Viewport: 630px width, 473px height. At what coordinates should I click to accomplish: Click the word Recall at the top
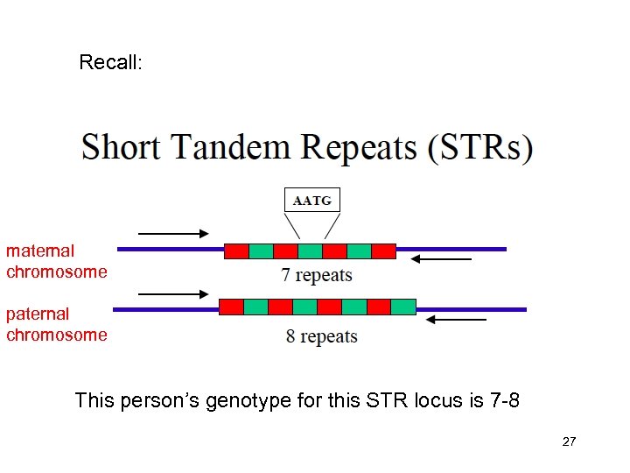109,63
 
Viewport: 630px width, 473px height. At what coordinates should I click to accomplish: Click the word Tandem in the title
230,146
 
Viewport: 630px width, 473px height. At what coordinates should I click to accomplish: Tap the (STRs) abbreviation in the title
479,147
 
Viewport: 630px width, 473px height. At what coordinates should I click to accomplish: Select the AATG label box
312,201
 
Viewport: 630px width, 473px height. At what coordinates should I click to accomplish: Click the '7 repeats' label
317,275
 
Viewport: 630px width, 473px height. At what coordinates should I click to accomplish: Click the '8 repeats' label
322,336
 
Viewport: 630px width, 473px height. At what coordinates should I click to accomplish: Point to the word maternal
40,251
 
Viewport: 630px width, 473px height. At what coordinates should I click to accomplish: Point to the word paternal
38,313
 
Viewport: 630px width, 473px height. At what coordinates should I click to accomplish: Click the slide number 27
569,442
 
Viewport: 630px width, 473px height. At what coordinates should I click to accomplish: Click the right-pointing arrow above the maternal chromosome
173,234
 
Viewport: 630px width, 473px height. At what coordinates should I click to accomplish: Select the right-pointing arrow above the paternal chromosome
173,295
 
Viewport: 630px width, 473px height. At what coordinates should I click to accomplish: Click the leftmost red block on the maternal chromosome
236,251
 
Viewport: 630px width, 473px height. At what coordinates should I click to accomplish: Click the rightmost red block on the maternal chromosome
383,251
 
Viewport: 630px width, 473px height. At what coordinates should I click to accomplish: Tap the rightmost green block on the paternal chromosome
403,307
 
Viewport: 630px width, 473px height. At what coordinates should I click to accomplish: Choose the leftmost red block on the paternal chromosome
231,307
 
